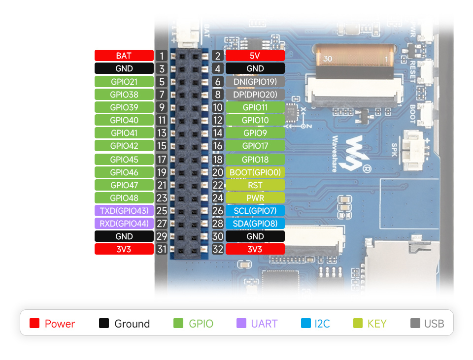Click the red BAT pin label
[x=124, y=56]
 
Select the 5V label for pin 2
[x=255, y=56]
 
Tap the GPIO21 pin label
[x=124, y=82]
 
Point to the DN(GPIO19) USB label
[x=255, y=82]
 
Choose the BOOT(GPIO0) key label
[x=255, y=172]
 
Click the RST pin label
[x=255, y=185]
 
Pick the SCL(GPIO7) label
[x=255, y=211]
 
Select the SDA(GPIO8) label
[x=255, y=224]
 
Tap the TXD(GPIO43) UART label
[x=124, y=211]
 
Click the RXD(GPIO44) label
[x=124, y=224]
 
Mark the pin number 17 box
[x=162, y=160]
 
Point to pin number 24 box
[x=218, y=198]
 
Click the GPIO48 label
[x=124, y=198]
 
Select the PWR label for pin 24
[x=255, y=198]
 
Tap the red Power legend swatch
[x=34, y=324]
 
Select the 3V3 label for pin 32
[x=255, y=249]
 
